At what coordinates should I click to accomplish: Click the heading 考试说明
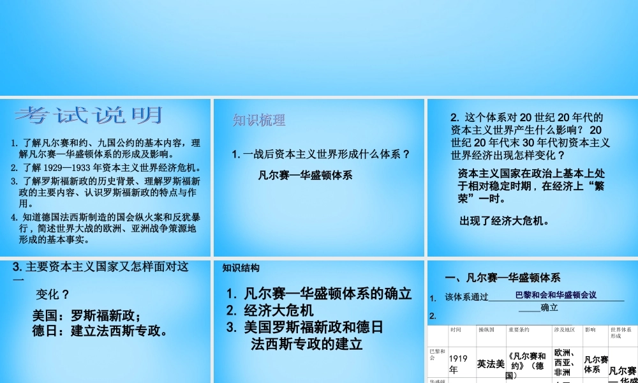pos(89,116)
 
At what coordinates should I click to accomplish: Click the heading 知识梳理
pos(259,120)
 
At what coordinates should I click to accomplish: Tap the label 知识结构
pos(241,268)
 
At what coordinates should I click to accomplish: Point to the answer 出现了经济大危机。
pos(504,222)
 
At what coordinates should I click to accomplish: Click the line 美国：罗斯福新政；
pos(86,315)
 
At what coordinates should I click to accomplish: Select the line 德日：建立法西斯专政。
pos(100,331)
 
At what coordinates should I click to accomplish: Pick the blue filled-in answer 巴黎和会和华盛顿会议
pos(555,295)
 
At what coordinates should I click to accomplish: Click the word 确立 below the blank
pos(549,308)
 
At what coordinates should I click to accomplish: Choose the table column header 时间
pos(456,330)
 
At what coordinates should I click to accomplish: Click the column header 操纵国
pos(486,330)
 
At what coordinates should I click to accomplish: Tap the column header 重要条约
pos(519,330)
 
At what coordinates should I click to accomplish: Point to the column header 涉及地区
pos(564,330)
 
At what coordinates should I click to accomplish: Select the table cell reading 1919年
pos(458,364)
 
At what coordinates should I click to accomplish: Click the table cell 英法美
pos(491,364)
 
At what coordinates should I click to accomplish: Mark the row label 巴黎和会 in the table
pos(437,355)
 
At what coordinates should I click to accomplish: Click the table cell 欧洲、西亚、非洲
pos(565,362)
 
